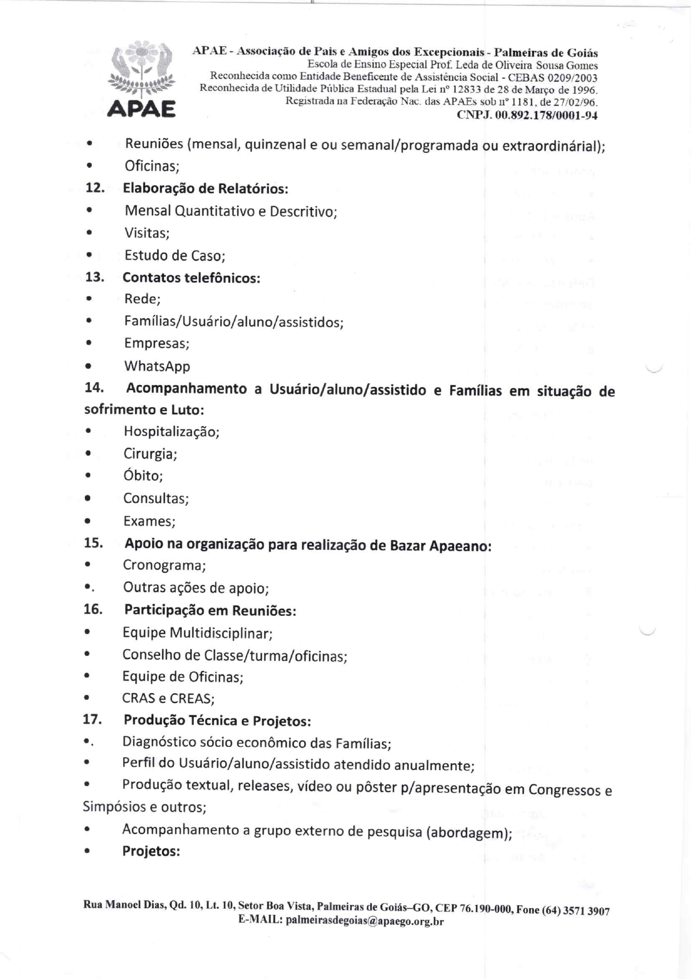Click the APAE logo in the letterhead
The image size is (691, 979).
[x=141, y=79]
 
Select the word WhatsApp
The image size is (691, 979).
[x=157, y=366]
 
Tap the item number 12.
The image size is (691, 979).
[x=95, y=188]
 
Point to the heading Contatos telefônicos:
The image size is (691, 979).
[x=191, y=278]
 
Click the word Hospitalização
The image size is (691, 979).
[x=171, y=432]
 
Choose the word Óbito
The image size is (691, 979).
[x=142, y=476]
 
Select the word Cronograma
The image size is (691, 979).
[x=163, y=566]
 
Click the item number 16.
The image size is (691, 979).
[x=93, y=609]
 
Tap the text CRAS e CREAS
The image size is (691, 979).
[x=167, y=698]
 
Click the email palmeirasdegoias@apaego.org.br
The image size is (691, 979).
[x=364, y=920]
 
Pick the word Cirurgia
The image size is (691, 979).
[x=149, y=454]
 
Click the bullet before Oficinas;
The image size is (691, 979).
[x=89, y=166]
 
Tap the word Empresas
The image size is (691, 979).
[x=156, y=344]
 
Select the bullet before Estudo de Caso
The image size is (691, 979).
[x=89, y=255]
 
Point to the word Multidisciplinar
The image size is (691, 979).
[x=220, y=633]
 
